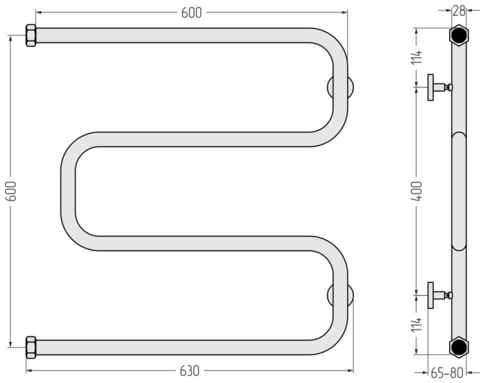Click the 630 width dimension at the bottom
pyautogui.click(x=189, y=371)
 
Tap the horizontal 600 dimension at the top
pyautogui.click(x=191, y=12)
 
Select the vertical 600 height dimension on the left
pyautogui.click(x=11, y=191)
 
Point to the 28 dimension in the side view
pyautogui.click(x=459, y=11)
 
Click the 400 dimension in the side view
pyautogui.click(x=416, y=191)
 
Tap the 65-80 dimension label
pyautogui.click(x=447, y=373)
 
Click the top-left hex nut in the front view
pyautogui.click(x=31, y=35)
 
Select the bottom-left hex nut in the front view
pyautogui.click(x=31, y=347)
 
